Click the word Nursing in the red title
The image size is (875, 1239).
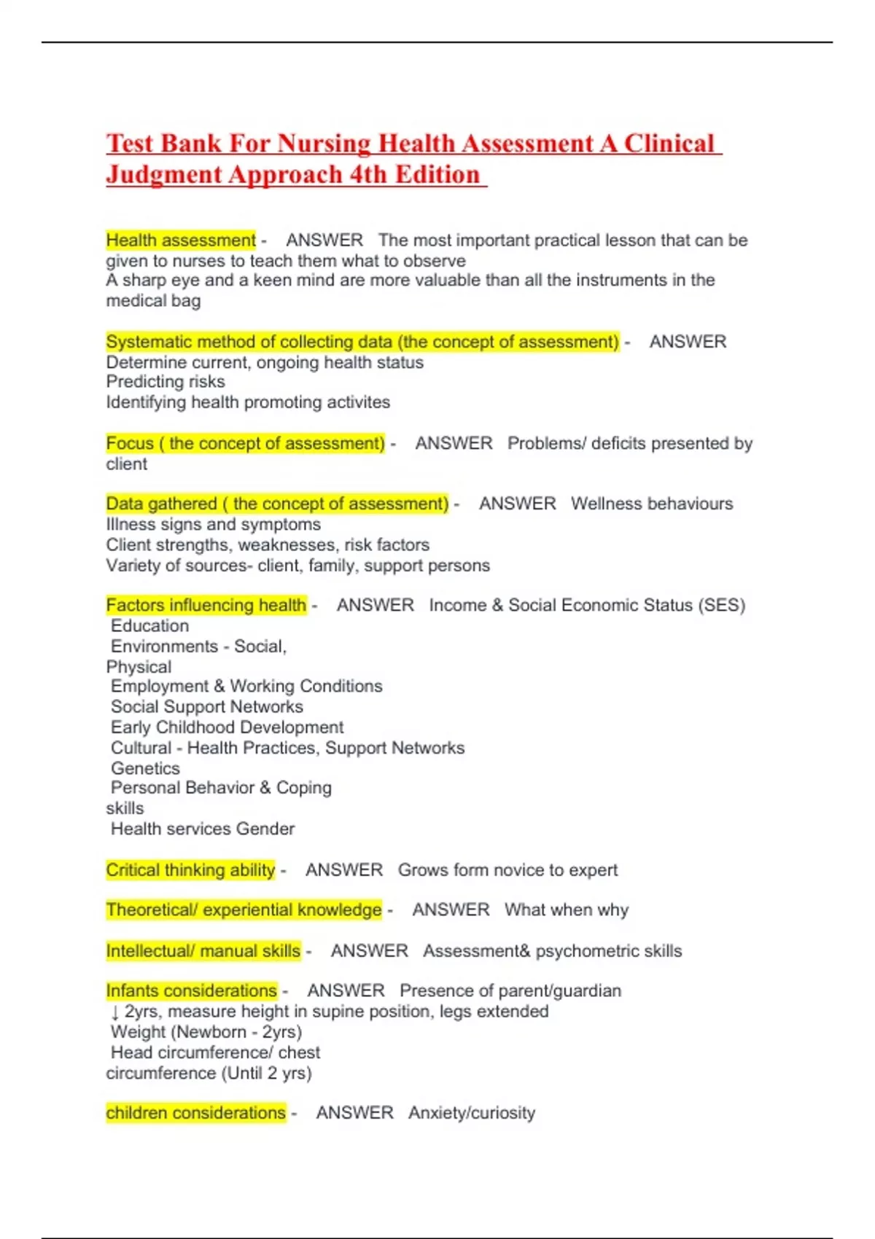pyautogui.click(x=325, y=144)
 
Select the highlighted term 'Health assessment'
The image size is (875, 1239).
pyautogui.click(x=181, y=240)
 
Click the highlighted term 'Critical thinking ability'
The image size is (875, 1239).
pyautogui.click(x=190, y=869)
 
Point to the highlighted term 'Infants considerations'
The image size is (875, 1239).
pyautogui.click(x=191, y=990)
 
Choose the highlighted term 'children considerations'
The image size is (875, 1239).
pyautogui.click(x=195, y=1113)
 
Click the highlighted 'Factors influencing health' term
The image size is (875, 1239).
pyautogui.click(x=206, y=605)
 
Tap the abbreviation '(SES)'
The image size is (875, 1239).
pyautogui.click(x=721, y=605)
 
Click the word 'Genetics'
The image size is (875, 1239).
pyautogui.click(x=145, y=768)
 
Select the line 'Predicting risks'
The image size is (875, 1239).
pyautogui.click(x=166, y=381)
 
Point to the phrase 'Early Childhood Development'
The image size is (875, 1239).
pyautogui.click(x=227, y=727)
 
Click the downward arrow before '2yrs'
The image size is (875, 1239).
pyautogui.click(x=115, y=1012)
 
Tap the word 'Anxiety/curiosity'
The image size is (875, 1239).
pyautogui.click(x=472, y=1113)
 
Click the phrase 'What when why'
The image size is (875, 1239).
pyautogui.click(x=566, y=910)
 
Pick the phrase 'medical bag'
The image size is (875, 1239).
pyautogui.click(x=153, y=300)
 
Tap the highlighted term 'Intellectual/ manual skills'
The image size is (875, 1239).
pyautogui.click(x=203, y=951)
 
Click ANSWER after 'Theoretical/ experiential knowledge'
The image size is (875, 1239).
pyautogui.click(x=451, y=910)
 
